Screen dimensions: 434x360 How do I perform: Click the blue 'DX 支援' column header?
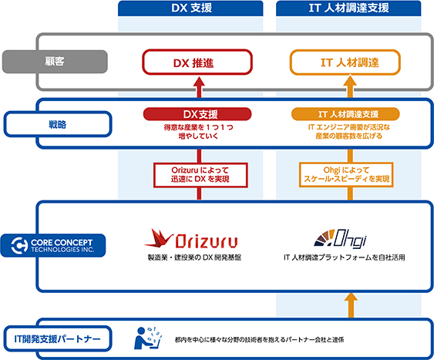190,8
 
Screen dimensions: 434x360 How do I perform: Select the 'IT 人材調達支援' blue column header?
348,8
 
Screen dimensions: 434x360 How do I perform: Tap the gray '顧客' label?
55,62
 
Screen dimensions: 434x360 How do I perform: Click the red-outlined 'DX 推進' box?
197,62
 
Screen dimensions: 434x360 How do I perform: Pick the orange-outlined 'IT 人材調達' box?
345,62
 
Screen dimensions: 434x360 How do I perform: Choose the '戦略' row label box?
58,124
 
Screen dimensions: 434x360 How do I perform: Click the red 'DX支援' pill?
197,114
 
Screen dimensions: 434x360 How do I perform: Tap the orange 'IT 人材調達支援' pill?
345,114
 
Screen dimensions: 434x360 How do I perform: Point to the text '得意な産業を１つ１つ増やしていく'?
198,132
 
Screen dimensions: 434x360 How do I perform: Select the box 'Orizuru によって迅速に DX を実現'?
200,175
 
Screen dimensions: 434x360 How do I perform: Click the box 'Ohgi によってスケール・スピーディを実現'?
346,175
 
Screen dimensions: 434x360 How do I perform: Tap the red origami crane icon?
159,238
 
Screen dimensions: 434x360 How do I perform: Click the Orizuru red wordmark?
206,241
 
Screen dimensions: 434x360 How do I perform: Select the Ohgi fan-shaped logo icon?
325,237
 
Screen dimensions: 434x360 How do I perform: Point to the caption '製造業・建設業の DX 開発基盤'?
194,257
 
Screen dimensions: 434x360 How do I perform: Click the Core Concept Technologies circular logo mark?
19,245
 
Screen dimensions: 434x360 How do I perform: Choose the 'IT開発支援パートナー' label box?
58,338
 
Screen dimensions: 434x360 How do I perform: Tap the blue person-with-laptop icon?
147,338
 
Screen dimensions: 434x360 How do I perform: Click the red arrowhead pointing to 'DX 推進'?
199,82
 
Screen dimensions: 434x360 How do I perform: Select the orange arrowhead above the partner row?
351,298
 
